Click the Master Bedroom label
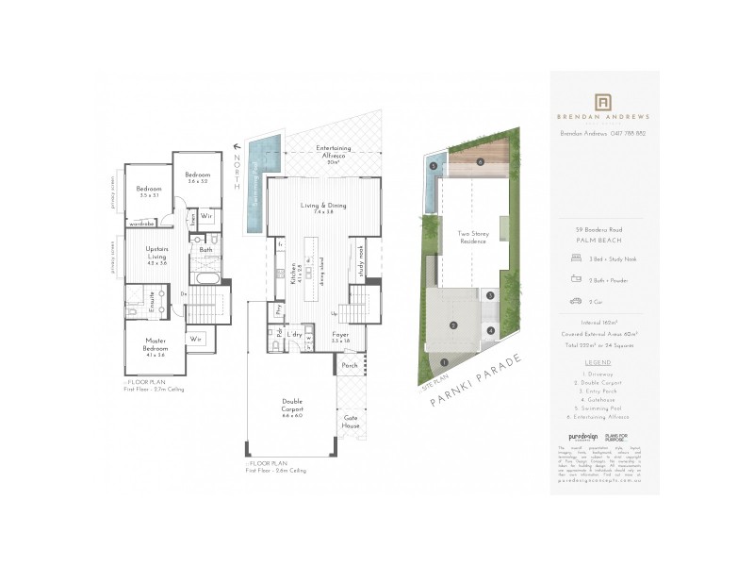[156, 343]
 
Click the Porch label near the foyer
[349, 366]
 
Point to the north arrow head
[234, 147]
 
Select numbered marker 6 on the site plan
[480, 162]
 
